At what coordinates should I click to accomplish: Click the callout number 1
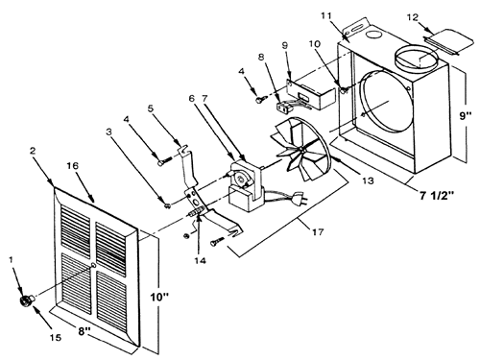[12, 259]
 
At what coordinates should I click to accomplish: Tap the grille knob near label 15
[26, 300]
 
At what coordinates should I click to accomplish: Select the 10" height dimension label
[159, 298]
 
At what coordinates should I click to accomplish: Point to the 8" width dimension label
[83, 331]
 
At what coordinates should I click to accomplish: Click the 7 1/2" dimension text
[437, 195]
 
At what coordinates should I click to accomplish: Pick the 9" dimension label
[466, 115]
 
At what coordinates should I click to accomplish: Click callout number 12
[413, 17]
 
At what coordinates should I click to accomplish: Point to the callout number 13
[368, 180]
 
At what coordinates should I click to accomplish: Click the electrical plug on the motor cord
[300, 198]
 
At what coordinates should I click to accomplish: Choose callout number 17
[318, 231]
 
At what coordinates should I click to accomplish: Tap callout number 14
[200, 260]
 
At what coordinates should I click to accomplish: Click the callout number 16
[73, 166]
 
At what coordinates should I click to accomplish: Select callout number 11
[326, 15]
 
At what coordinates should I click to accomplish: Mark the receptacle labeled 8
[282, 106]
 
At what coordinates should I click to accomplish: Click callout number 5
[151, 108]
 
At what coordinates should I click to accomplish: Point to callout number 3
[109, 132]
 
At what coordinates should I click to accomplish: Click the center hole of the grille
[93, 265]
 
